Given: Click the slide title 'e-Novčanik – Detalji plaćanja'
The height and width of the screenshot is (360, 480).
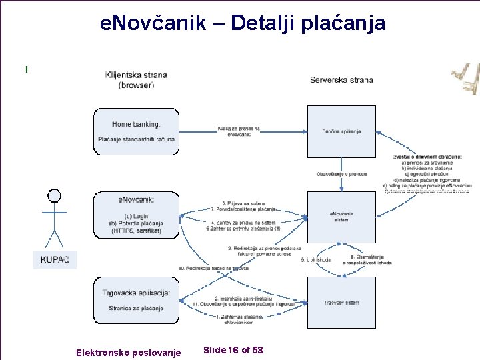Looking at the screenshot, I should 242,23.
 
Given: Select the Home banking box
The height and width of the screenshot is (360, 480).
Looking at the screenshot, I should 136,131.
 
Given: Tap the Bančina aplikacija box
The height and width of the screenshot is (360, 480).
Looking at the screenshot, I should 341,131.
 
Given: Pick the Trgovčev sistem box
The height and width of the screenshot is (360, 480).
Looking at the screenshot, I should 341,303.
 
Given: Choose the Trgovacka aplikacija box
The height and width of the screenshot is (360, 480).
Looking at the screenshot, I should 136,300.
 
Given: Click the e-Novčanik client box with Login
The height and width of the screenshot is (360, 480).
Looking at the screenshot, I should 136,215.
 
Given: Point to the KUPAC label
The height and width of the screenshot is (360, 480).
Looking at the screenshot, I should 55,259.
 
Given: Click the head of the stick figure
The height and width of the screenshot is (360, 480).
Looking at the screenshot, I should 54,196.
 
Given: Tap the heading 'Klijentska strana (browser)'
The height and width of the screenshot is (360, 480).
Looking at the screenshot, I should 136,80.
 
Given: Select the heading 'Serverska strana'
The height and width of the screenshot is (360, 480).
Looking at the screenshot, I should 341,80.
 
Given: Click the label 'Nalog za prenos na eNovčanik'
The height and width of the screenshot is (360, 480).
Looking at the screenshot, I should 239,131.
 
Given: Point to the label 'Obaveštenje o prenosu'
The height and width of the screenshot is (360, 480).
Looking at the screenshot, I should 341,174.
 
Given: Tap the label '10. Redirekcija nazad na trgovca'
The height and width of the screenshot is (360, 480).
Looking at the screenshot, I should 213,268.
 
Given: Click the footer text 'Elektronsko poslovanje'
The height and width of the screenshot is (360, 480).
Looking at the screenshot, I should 129,352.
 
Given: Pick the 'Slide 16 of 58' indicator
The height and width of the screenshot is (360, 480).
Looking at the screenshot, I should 233,350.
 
